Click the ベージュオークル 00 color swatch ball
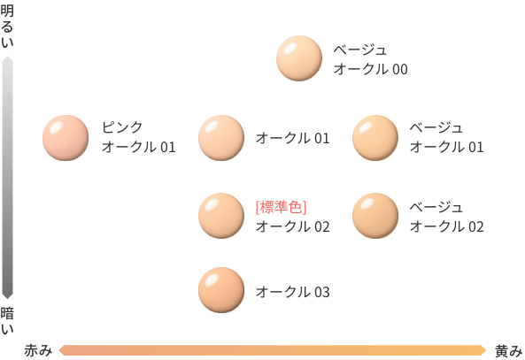(x=299, y=58)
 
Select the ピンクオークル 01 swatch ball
(x=66, y=138)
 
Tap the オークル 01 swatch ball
(x=221, y=138)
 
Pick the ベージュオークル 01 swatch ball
(x=375, y=138)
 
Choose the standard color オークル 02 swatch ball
(x=221, y=216)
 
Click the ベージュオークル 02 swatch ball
(x=375, y=216)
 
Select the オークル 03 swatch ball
(x=221, y=290)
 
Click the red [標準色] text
(x=281, y=207)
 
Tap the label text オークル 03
(x=293, y=292)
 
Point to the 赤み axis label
(x=38, y=350)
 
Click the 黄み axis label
(x=508, y=351)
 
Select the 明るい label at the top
(x=7, y=27)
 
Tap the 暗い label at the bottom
(x=7, y=320)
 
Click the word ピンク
(x=122, y=127)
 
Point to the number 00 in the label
(x=400, y=69)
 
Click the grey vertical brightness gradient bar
(x=7, y=178)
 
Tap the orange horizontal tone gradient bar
(x=273, y=350)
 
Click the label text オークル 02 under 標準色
(x=293, y=226)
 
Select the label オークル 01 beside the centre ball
(x=293, y=138)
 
